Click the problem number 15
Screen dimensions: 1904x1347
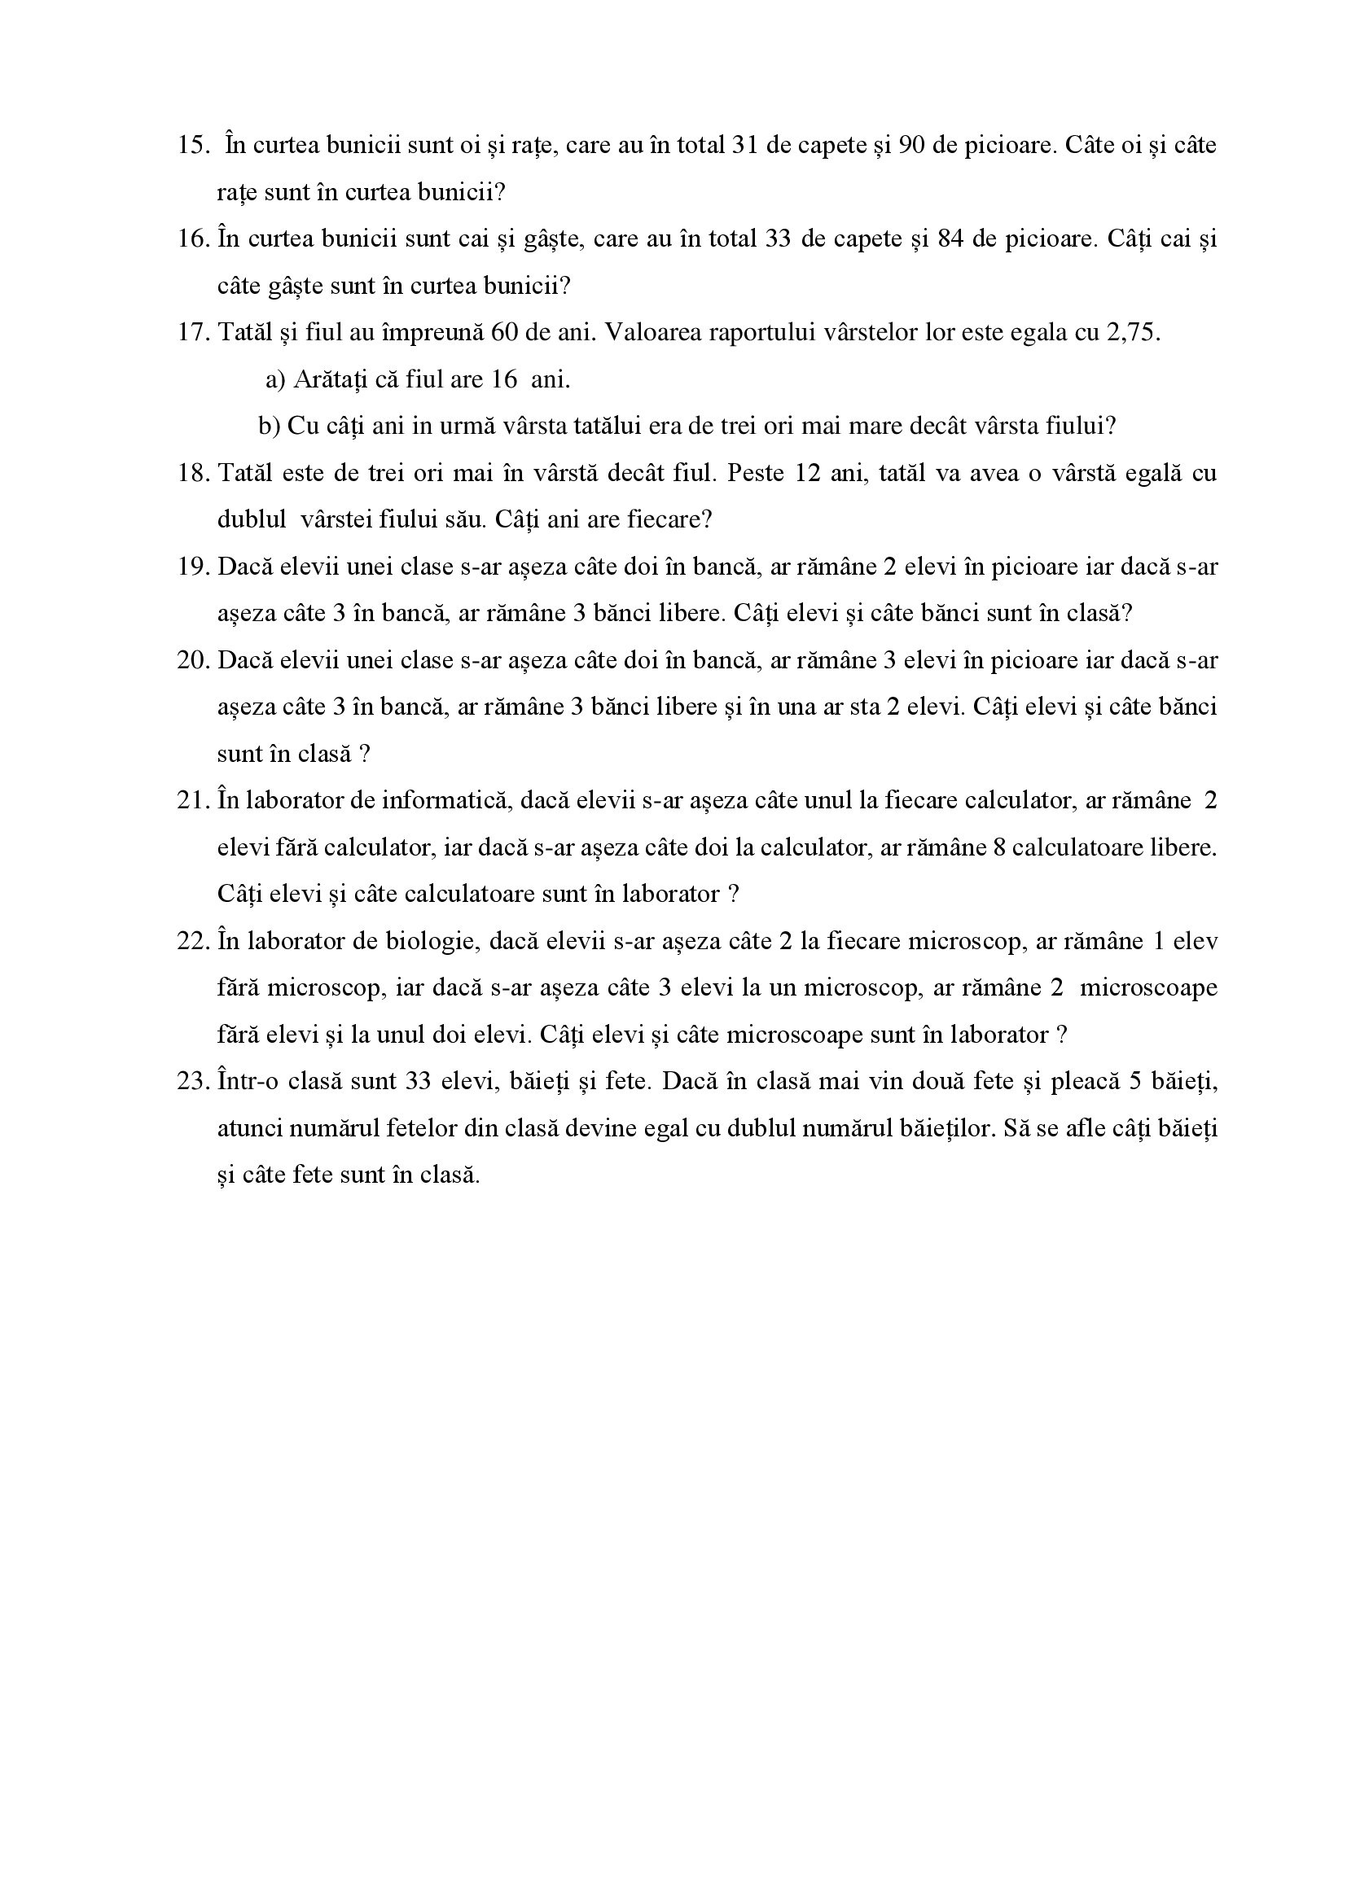pos(191,145)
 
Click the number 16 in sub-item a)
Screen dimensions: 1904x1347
pos(505,380)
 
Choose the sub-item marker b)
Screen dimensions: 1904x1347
pos(270,427)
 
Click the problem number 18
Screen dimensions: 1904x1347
pos(191,474)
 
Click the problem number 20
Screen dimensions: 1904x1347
pos(191,661)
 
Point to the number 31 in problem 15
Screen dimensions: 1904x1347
pos(745,145)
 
